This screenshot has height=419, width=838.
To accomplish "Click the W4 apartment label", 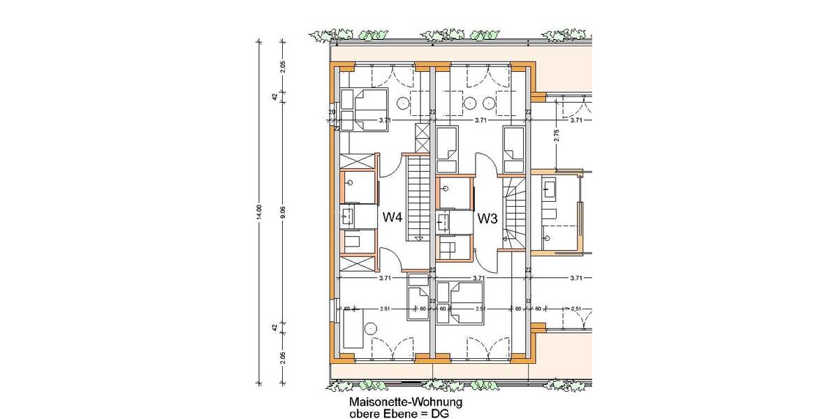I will click(392, 218).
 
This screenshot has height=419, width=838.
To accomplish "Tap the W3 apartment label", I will click(487, 219).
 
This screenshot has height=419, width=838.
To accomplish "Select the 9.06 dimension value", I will click(283, 212).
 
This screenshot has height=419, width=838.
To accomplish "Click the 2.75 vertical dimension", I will click(557, 135).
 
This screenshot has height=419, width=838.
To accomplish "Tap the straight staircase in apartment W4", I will click(419, 198).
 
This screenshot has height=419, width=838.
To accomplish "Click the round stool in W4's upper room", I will click(404, 103).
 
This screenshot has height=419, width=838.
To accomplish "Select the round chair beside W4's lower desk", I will click(372, 328).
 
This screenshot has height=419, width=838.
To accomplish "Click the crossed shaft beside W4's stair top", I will click(423, 138).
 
